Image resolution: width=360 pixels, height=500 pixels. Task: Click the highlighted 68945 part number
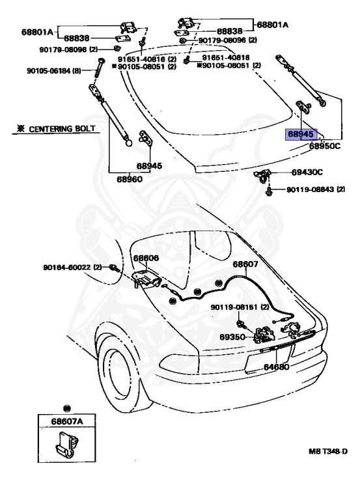pyautogui.click(x=301, y=134)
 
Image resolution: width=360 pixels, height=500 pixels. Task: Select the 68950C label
pyautogui.click(x=325, y=146)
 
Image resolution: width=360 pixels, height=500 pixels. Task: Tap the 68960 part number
pyautogui.click(x=130, y=179)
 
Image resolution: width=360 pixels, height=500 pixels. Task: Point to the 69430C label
pyautogui.click(x=307, y=172)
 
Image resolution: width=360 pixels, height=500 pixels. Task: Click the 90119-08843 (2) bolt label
pyautogui.click(x=316, y=189)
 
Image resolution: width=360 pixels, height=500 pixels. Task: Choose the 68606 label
pyautogui.click(x=146, y=258)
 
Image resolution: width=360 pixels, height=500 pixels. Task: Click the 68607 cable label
pyautogui.click(x=245, y=264)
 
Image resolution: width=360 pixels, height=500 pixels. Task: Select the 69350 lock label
pyautogui.click(x=232, y=337)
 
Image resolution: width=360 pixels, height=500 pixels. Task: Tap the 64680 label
pyautogui.click(x=276, y=367)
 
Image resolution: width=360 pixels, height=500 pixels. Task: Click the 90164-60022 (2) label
pyautogui.click(x=72, y=267)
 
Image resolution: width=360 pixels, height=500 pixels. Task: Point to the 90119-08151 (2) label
pyautogui.click(x=240, y=307)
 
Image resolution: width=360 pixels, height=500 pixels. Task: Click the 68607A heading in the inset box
pyautogui.click(x=67, y=422)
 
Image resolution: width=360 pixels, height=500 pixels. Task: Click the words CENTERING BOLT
pyautogui.click(x=62, y=129)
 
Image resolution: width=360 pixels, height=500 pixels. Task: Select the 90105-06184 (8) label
pyautogui.click(x=54, y=70)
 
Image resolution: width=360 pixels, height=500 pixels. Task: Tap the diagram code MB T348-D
pyautogui.click(x=328, y=451)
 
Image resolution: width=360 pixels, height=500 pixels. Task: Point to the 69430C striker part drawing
pyautogui.click(x=262, y=176)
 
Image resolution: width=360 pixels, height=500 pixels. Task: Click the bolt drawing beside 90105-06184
pyautogui.click(x=100, y=67)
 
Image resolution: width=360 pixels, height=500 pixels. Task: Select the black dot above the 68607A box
pyautogui.click(x=67, y=408)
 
